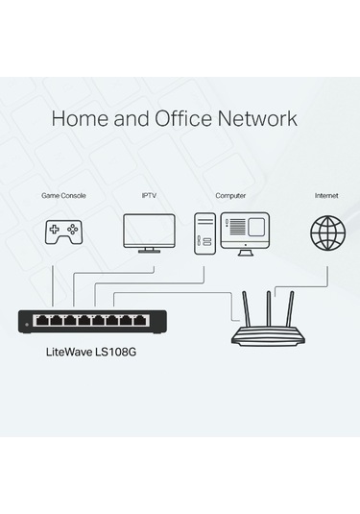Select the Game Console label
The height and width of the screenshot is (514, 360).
point(63,195)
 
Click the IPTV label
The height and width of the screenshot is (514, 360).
point(149,195)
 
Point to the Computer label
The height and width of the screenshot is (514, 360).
point(230,195)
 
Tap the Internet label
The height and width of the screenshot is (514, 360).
point(326,195)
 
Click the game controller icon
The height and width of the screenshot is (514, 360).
point(64,233)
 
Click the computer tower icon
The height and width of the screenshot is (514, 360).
point(204,232)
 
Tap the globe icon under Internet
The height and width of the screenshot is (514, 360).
point(326,232)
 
